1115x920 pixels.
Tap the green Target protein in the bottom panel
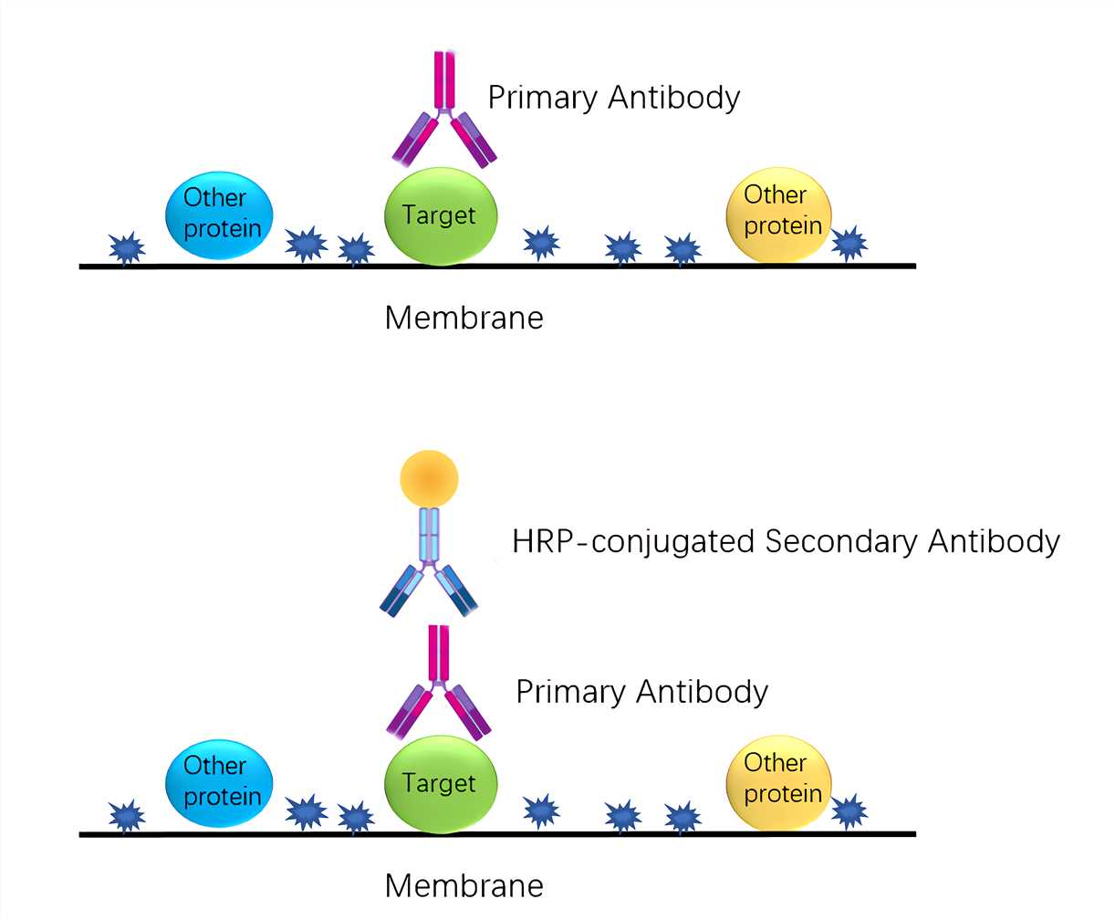coord(442,785)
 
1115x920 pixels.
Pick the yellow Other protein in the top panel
coord(778,214)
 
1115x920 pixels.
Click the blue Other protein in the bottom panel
coord(220,782)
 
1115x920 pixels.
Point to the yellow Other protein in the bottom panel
coord(779,780)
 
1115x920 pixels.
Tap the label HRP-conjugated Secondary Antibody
coord(786,541)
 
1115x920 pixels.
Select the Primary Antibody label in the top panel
coord(613,97)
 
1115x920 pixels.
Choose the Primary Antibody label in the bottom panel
coord(641,692)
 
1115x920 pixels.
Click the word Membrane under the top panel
coord(464,318)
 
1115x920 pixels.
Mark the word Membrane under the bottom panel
coord(464,885)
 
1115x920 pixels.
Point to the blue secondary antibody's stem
coord(429,534)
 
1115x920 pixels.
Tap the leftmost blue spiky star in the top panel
coord(127,247)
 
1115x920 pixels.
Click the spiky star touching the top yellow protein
coord(849,243)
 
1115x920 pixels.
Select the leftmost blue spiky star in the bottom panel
coord(127,815)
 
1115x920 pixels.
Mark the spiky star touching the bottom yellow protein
coord(849,810)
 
